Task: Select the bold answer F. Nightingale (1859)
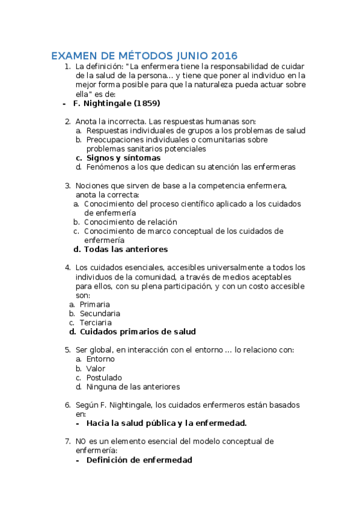click(116, 103)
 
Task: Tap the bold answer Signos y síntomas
click(119, 158)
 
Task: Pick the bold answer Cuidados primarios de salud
click(138, 331)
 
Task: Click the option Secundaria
click(100, 313)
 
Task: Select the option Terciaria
click(96, 322)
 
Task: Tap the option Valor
click(96, 368)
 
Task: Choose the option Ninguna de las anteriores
click(133, 387)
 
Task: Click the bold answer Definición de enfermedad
click(139, 460)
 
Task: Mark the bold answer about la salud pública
click(166, 423)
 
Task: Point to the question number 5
click(67, 349)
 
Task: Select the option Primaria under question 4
click(94, 304)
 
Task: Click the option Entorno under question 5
click(100, 359)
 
